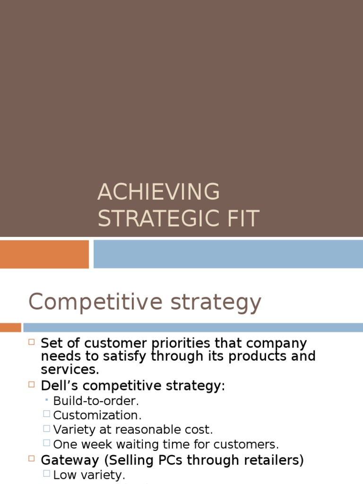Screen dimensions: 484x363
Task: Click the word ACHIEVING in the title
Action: pos(158,192)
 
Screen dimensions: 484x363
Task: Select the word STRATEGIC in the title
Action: pos(157,219)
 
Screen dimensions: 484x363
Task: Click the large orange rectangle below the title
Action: pos(44,254)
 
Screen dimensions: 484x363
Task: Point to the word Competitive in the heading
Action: pos(95,302)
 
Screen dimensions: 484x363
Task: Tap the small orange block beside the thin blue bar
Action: pos(10,327)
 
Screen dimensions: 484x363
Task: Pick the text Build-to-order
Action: pos(96,401)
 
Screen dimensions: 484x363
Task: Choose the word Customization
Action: pos(97,415)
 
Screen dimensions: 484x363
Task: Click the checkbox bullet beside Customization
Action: pos(46,415)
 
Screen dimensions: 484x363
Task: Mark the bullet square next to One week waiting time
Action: pos(46,443)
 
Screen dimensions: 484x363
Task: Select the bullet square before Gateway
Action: pos(32,458)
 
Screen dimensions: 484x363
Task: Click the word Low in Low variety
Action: pos(64,474)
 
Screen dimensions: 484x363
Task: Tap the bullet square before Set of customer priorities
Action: pos(32,342)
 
